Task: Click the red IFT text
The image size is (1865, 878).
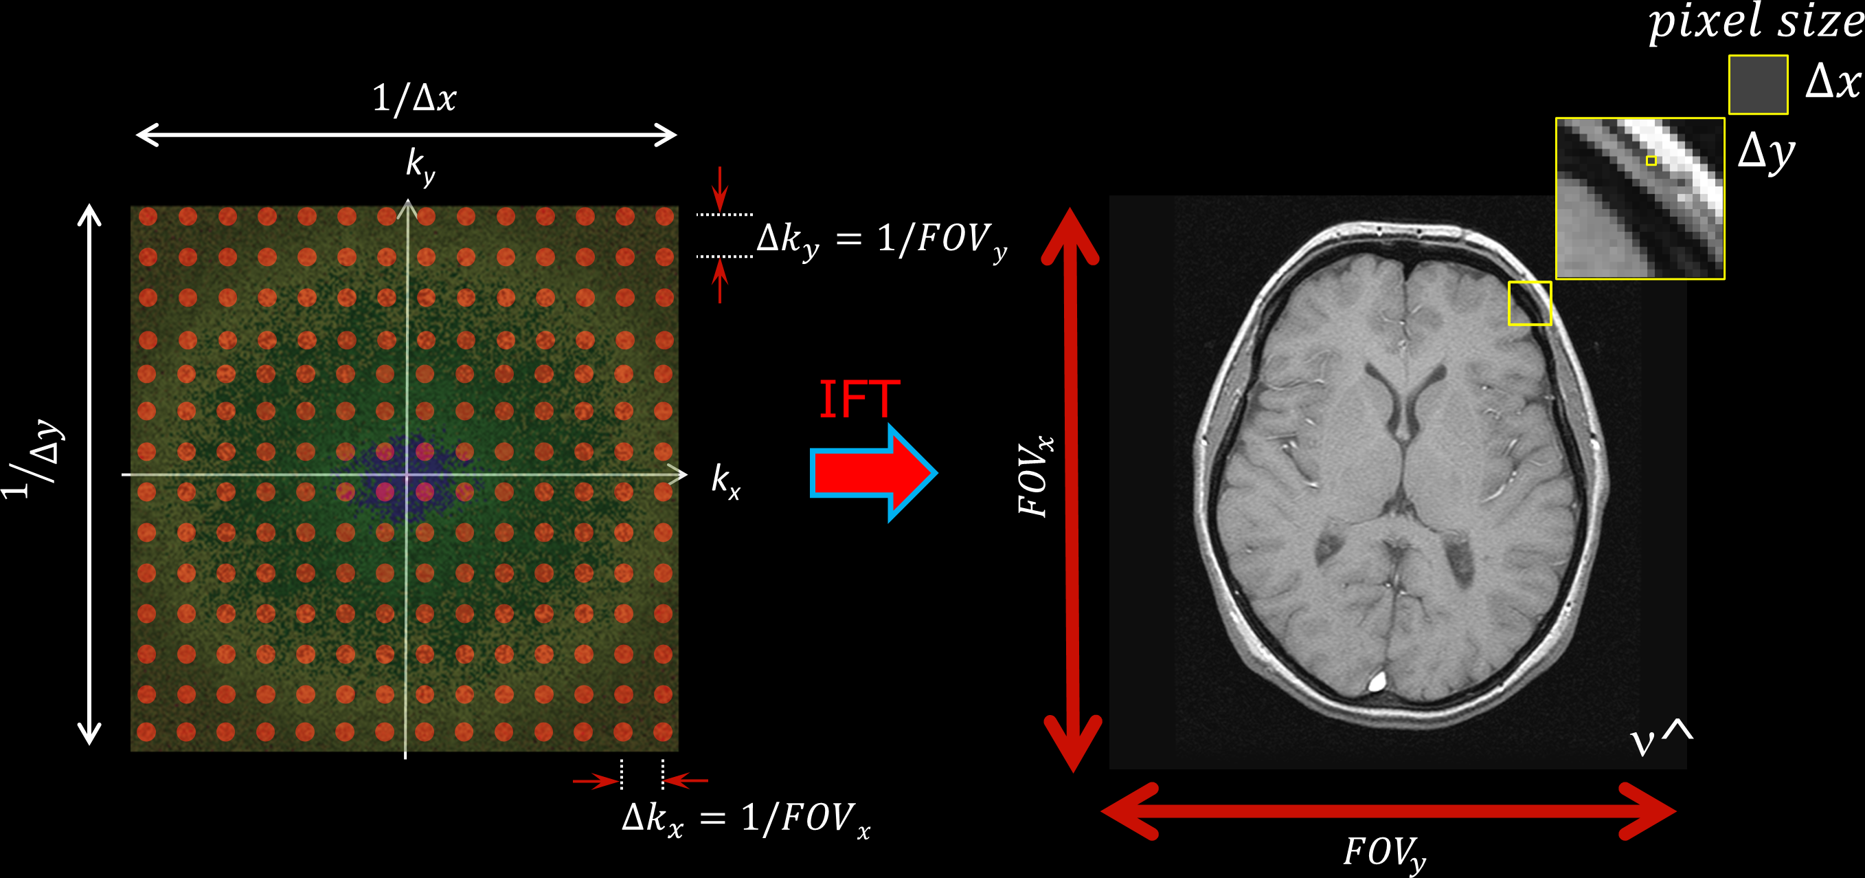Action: click(x=859, y=399)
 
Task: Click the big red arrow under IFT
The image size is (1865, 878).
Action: click(x=873, y=473)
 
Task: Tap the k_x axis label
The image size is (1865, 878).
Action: click(x=725, y=481)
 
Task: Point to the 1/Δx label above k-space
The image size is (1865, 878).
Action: click(x=414, y=98)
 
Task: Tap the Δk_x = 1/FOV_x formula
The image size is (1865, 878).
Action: click(x=746, y=820)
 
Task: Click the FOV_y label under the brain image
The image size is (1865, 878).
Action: click(x=1384, y=853)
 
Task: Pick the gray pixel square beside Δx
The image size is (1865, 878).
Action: click(x=1758, y=85)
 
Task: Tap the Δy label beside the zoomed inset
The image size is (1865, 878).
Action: click(x=1767, y=153)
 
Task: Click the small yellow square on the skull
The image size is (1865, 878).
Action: click(x=1529, y=303)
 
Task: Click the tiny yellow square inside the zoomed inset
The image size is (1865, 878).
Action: click(x=1651, y=161)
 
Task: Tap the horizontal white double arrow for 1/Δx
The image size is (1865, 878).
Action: click(x=406, y=135)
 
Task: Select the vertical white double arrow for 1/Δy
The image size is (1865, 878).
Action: click(x=89, y=474)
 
